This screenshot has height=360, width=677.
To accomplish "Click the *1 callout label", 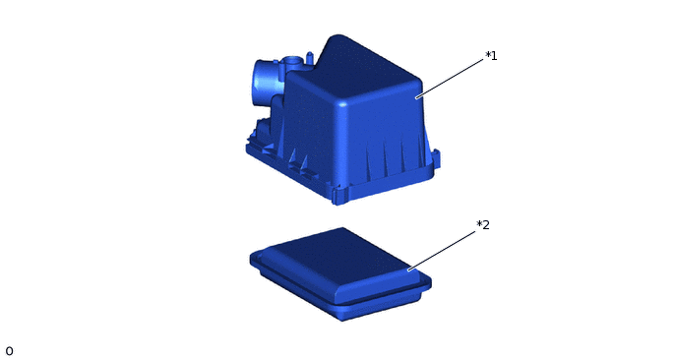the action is point(491,56).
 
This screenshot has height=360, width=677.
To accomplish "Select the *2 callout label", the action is point(483,225).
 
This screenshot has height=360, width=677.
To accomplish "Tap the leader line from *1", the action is point(450,79).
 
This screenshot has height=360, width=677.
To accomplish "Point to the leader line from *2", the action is point(441,251).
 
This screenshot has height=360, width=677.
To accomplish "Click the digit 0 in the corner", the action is point(9,351).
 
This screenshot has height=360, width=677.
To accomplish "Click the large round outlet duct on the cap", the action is point(265,81).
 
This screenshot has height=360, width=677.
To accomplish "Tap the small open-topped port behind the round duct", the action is point(291,62).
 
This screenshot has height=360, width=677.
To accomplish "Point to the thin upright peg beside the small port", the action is point(310,58).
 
